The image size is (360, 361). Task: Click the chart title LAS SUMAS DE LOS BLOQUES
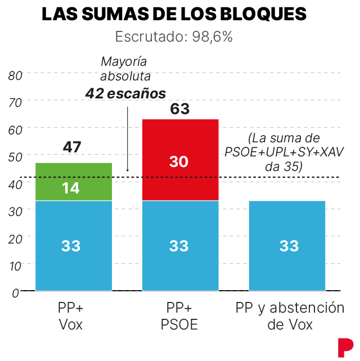click(174, 15)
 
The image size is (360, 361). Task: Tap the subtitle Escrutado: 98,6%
click(174, 38)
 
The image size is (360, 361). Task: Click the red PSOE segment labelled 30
click(180, 161)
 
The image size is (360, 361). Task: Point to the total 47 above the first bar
click(72, 147)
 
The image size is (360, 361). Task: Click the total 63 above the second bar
click(180, 109)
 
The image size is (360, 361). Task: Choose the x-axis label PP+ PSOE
click(179, 316)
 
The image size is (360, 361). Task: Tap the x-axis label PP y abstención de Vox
click(289, 316)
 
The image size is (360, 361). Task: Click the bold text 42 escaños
click(125, 93)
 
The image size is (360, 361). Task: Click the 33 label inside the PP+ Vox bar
click(71, 246)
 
